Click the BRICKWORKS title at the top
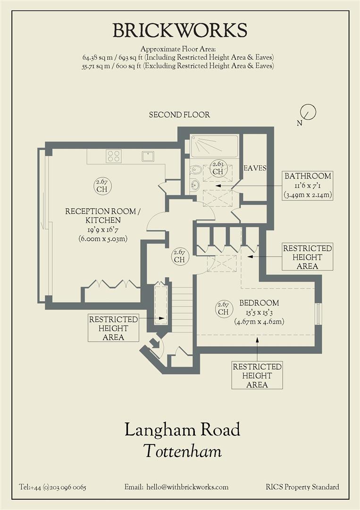click(x=180, y=31)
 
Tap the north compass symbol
click(x=308, y=112)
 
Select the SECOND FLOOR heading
click(x=179, y=115)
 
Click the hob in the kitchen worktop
click(x=114, y=156)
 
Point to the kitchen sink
click(x=148, y=156)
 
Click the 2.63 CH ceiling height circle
click(x=218, y=168)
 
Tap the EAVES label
click(x=255, y=168)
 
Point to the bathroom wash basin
click(x=195, y=185)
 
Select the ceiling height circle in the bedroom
click(x=223, y=308)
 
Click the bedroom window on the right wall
click(x=318, y=314)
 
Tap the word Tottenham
click(x=182, y=451)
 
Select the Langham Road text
click(x=182, y=430)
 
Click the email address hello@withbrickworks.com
click(x=176, y=487)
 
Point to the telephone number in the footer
click(x=52, y=487)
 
